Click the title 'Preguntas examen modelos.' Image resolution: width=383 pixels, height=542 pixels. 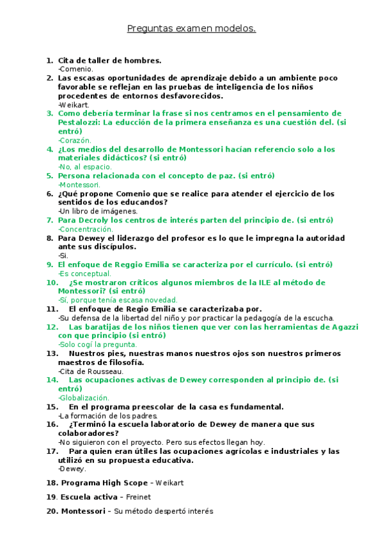pyautogui.click(x=191, y=29)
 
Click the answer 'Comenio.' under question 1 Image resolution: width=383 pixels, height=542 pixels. pyautogui.click(x=76, y=69)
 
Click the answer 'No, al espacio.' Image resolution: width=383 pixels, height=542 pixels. pyautogui.click(x=85, y=167)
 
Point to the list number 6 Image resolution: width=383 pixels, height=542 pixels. pyautogui.click(x=49, y=193)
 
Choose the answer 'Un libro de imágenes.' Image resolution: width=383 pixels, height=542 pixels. pyautogui.click(x=98, y=211)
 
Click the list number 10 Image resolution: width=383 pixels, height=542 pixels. pyautogui.click(x=52, y=282)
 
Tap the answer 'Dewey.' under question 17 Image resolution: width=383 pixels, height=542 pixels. pyautogui.click(x=74, y=468)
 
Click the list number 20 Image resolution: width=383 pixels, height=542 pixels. pyautogui.click(x=52, y=511)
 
